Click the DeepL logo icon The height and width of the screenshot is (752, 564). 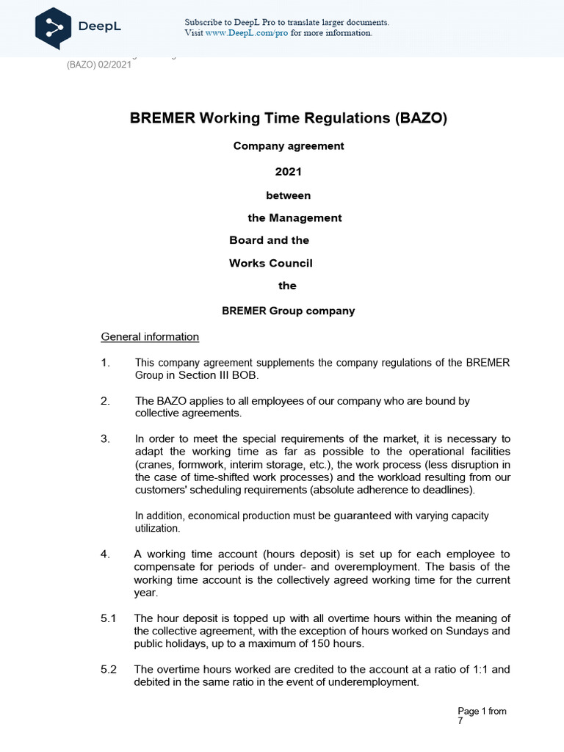click(x=53, y=26)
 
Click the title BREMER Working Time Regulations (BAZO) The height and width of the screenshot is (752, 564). click(x=289, y=118)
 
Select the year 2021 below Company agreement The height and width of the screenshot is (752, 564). click(x=288, y=171)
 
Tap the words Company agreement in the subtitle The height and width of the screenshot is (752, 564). click(x=289, y=146)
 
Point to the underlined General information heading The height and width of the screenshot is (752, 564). click(x=150, y=337)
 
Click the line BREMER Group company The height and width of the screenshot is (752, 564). click(x=288, y=311)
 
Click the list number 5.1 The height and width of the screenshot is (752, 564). click(x=109, y=618)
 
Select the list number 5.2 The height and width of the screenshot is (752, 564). click(x=109, y=669)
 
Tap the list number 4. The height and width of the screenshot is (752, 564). click(x=104, y=554)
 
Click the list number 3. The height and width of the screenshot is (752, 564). click(x=104, y=438)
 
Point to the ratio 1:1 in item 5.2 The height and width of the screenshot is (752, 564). click(x=477, y=669)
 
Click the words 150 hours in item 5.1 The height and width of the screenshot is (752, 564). click(x=339, y=644)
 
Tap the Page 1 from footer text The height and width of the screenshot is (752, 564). click(x=482, y=711)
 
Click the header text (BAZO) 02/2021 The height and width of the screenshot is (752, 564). click(x=98, y=64)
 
